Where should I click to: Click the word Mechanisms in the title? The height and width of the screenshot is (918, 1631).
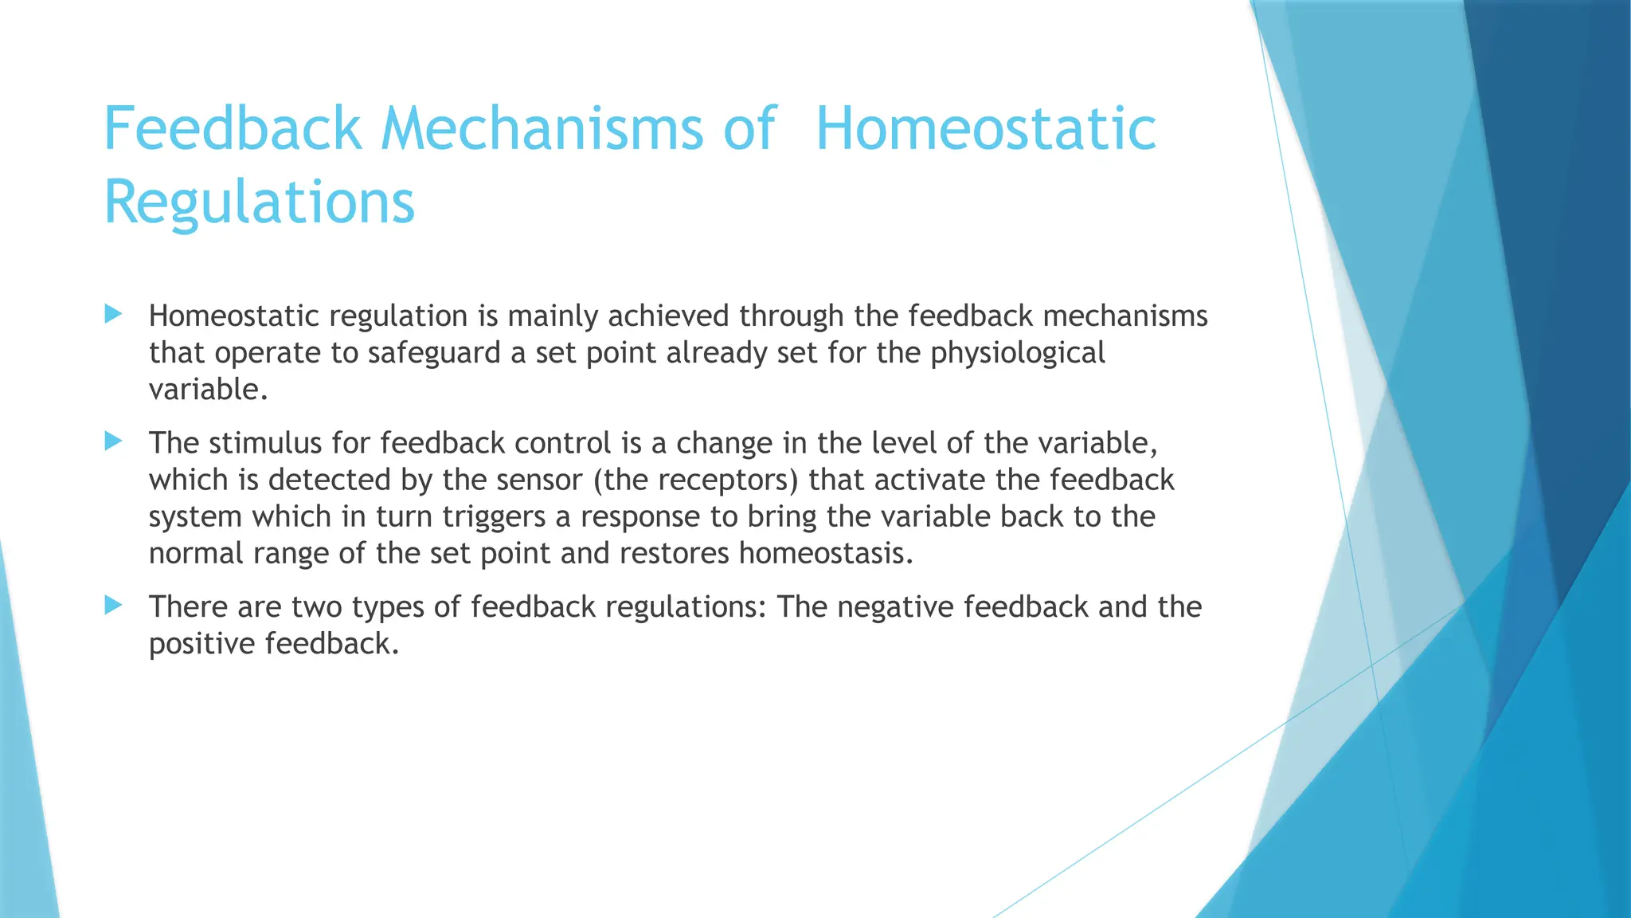pos(542,129)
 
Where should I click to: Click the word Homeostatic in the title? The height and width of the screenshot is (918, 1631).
pos(986,129)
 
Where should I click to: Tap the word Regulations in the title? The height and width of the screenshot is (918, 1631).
pos(260,202)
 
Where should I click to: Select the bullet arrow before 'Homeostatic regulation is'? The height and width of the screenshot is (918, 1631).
pos(113,315)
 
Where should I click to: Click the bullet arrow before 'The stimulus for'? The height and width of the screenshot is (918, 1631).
pos(113,441)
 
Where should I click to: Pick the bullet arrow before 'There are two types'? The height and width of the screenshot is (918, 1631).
pos(113,606)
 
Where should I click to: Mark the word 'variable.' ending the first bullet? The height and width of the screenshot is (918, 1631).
pos(208,390)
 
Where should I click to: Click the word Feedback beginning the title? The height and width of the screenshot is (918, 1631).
pos(233,129)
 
